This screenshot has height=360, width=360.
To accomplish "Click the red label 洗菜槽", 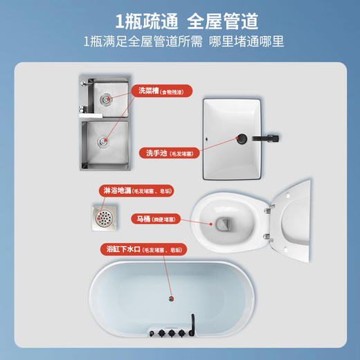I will (147, 91).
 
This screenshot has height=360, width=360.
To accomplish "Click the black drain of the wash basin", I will (243, 138).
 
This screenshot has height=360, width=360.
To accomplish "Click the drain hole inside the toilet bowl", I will (223, 224).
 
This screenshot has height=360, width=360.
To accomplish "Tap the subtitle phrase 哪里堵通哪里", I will (242, 42).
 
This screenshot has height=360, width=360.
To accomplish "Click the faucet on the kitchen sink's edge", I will (81, 107).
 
